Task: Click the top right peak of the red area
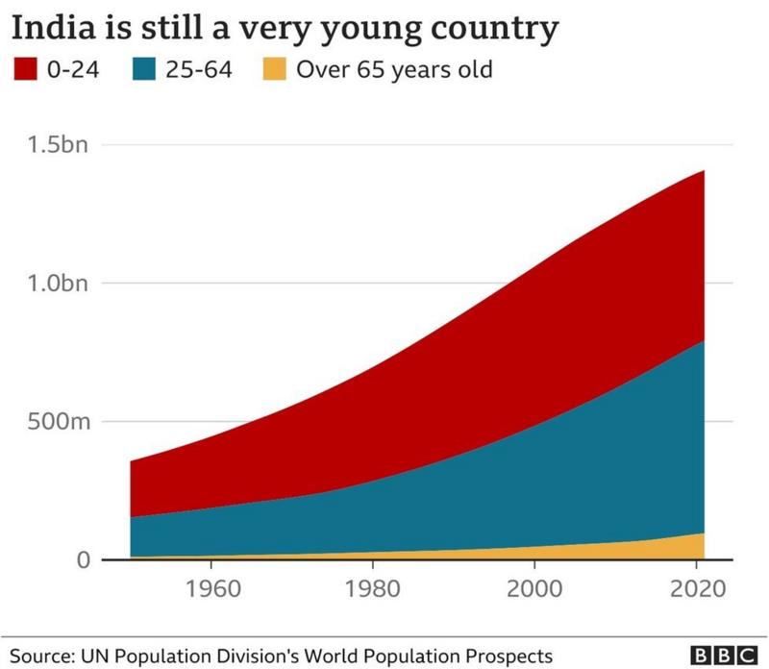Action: click(x=704, y=172)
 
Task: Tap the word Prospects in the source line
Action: click(x=512, y=653)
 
